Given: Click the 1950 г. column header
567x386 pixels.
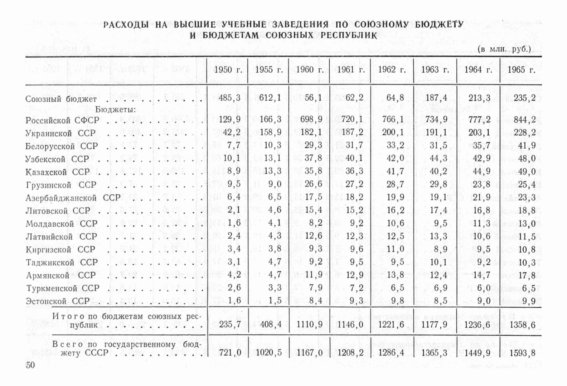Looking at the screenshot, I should coord(228,70).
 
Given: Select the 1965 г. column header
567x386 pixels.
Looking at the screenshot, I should coord(521,70).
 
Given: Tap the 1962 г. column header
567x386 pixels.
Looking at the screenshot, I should coord(392,70).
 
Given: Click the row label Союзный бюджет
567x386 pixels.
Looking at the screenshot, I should coord(61,99).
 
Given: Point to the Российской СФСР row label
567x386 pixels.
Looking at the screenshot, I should coord(62,120).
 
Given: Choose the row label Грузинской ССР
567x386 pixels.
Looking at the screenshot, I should coord(61,185).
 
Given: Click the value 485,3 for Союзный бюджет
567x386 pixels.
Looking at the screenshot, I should coord(229,98).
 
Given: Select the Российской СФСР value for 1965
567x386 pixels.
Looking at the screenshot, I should coord(525,119).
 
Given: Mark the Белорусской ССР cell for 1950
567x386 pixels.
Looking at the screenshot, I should coord(234,145).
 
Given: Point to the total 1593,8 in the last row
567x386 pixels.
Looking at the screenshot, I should coord(522,353).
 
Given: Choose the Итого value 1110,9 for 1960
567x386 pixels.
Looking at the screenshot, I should coord(310,325).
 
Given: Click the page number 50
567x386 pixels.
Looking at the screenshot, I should coord(30,365).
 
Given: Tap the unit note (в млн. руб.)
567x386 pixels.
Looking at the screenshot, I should coord(504,49).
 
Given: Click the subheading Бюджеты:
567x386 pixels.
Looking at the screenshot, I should coord(115,110).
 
